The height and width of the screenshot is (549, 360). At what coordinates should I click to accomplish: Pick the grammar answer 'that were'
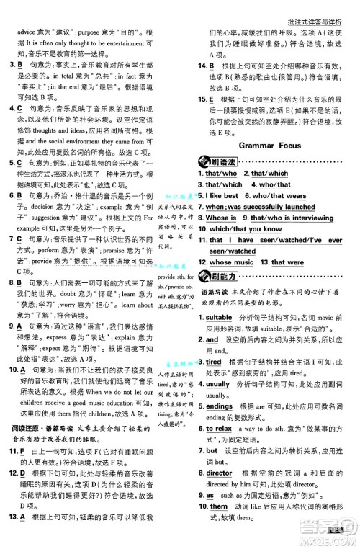click(x=287, y=282)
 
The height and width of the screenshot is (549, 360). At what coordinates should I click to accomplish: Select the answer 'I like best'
click(x=223, y=195)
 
